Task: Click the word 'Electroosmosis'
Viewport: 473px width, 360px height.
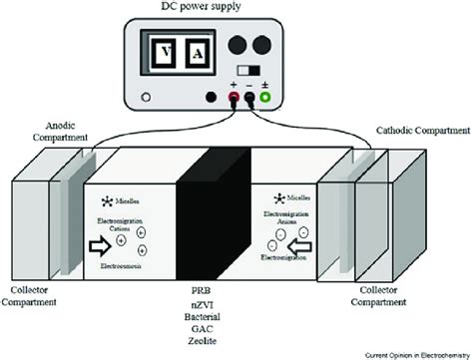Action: pyautogui.click(x=125, y=266)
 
